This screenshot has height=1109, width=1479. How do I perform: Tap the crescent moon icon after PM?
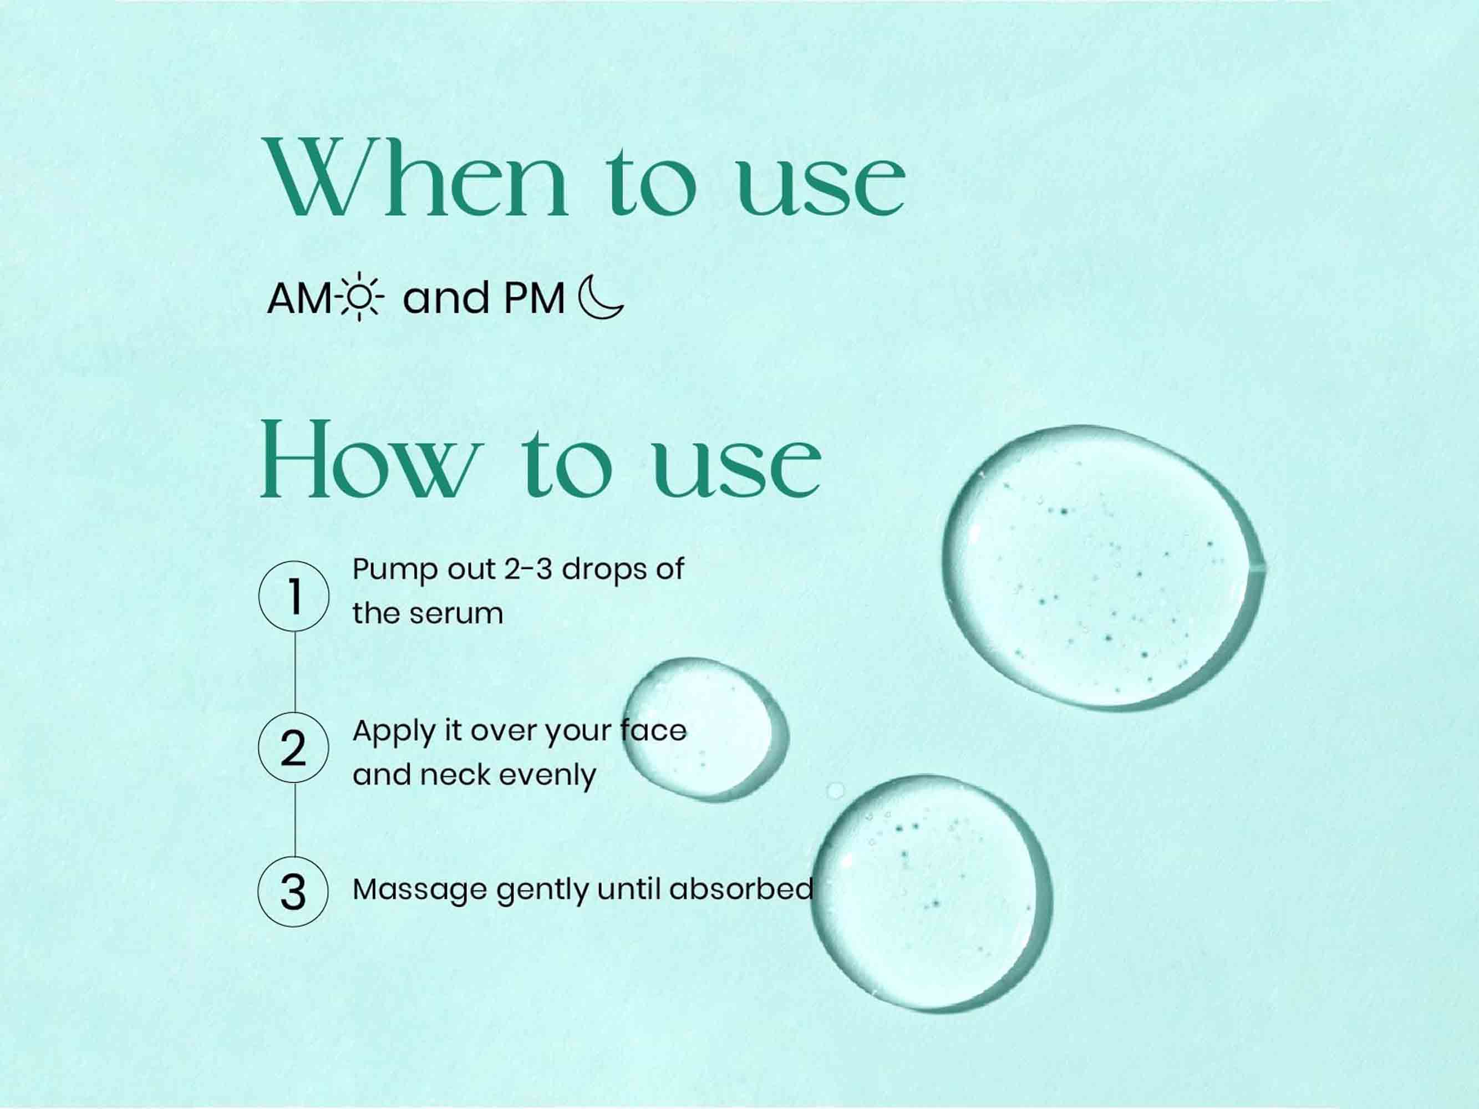pos(600,298)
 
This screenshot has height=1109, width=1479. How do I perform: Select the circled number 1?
pos(293,596)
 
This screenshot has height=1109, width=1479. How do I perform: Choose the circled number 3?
pos(293,891)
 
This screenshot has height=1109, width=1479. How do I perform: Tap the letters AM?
pos(299,298)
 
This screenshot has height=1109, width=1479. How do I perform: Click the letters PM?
pos(534,298)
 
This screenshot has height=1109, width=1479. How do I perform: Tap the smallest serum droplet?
pos(705,730)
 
